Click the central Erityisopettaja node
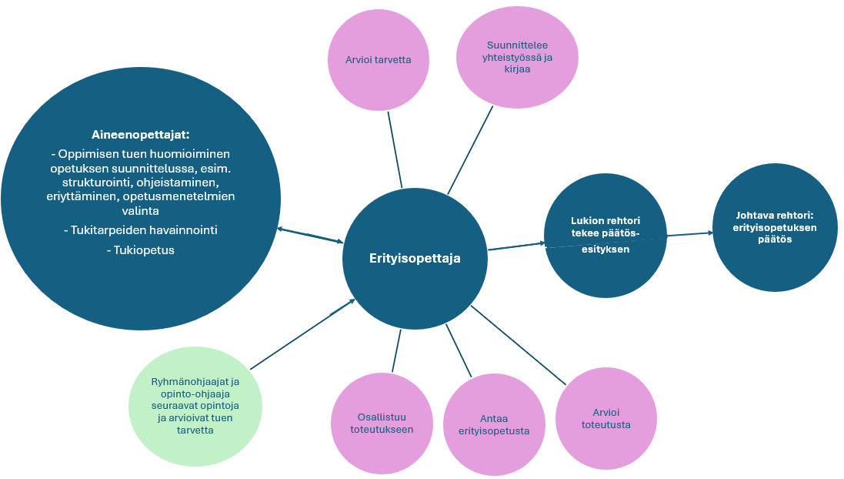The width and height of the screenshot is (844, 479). tap(415, 259)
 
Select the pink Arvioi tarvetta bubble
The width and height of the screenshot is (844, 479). tap(378, 60)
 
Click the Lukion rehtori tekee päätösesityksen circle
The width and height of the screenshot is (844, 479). tap(605, 235)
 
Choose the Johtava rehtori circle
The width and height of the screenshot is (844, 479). tap(774, 227)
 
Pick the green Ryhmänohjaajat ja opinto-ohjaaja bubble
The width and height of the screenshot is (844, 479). tap(195, 406)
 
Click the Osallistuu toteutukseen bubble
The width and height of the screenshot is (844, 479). tap(382, 423)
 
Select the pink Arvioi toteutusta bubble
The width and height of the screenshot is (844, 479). tap(606, 418)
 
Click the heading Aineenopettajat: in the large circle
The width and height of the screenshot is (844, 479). tap(140, 134)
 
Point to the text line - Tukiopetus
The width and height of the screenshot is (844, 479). tap(141, 250)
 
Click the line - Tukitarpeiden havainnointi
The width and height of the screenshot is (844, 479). tap(140, 230)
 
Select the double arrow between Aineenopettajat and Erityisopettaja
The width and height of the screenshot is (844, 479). tap(310, 235)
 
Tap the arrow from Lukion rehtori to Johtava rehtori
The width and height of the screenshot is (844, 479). tap(689, 234)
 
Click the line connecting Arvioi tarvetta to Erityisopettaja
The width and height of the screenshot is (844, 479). tap(395, 149)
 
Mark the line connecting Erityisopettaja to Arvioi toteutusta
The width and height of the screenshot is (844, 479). tap(518, 345)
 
